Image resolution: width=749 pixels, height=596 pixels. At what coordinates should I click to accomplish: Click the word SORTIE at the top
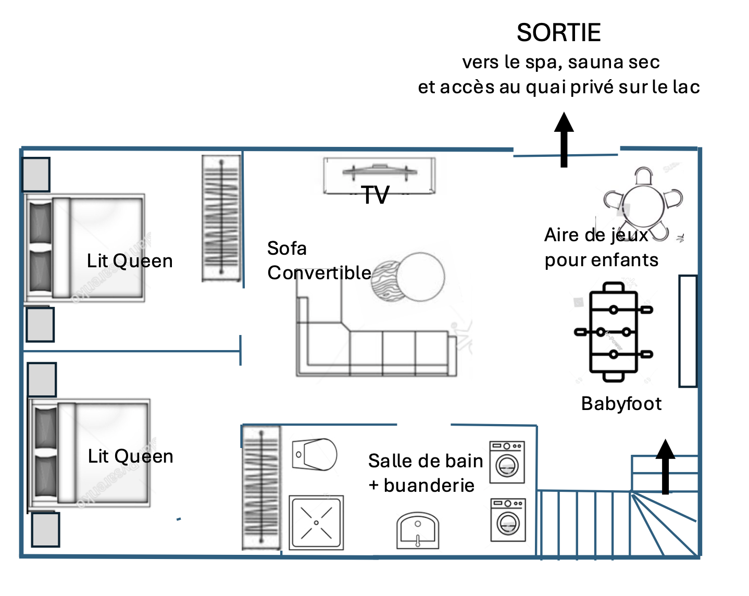[558, 33]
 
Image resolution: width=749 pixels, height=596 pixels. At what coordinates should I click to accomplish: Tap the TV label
[376, 195]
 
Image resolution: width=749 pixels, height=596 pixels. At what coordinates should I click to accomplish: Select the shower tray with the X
[316, 523]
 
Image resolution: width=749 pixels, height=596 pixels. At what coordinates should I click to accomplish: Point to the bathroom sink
[418, 530]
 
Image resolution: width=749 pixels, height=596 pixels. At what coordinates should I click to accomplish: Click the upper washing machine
[507, 462]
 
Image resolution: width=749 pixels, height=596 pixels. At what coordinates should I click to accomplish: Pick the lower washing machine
[508, 520]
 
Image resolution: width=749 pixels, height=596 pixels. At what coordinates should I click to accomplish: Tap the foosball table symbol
[614, 332]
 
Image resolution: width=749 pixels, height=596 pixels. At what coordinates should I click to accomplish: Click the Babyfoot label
[621, 404]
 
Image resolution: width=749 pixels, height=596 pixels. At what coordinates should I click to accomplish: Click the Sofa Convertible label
[319, 260]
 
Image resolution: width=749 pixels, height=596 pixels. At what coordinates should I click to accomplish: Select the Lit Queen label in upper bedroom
[130, 261]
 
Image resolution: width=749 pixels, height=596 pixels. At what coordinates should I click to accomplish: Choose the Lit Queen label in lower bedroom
[130, 456]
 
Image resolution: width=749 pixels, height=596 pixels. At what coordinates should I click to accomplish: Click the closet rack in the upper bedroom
[221, 218]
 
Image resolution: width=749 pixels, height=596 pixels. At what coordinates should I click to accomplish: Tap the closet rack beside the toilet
[261, 487]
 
